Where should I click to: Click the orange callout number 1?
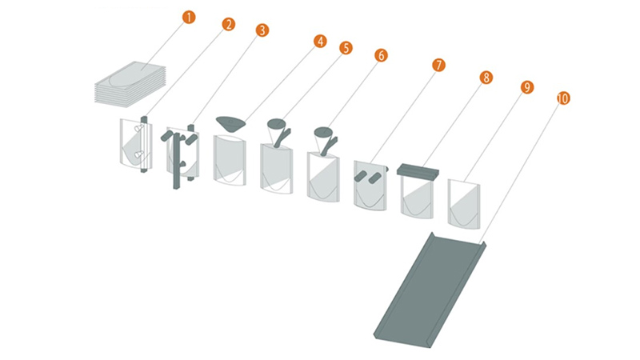click(x=189, y=18)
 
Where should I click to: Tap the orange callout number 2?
click(x=229, y=25)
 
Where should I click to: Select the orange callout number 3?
click(x=262, y=30)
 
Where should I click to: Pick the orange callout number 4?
click(x=320, y=42)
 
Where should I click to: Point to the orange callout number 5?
click(x=346, y=48)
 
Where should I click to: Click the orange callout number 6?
click(x=381, y=55)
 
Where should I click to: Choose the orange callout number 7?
click(x=438, y=66)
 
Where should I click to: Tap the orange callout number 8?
click(x=486, y=78)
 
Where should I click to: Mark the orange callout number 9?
click(x=527, y=87)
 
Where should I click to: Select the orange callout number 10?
click(x=563, y=98)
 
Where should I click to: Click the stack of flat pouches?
click(x=130, y=85)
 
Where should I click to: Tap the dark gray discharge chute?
click(x=430, y=290)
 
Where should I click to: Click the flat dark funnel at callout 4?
click(x=230, y=123)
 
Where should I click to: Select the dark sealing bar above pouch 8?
click(x=418, y=170)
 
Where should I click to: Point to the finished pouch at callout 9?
click(x=464, y=203)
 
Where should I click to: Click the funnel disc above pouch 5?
click(x=276, y=123)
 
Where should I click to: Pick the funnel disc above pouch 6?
click(x=323, y=131)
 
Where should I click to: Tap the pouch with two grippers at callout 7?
click(x=370, y=186)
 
